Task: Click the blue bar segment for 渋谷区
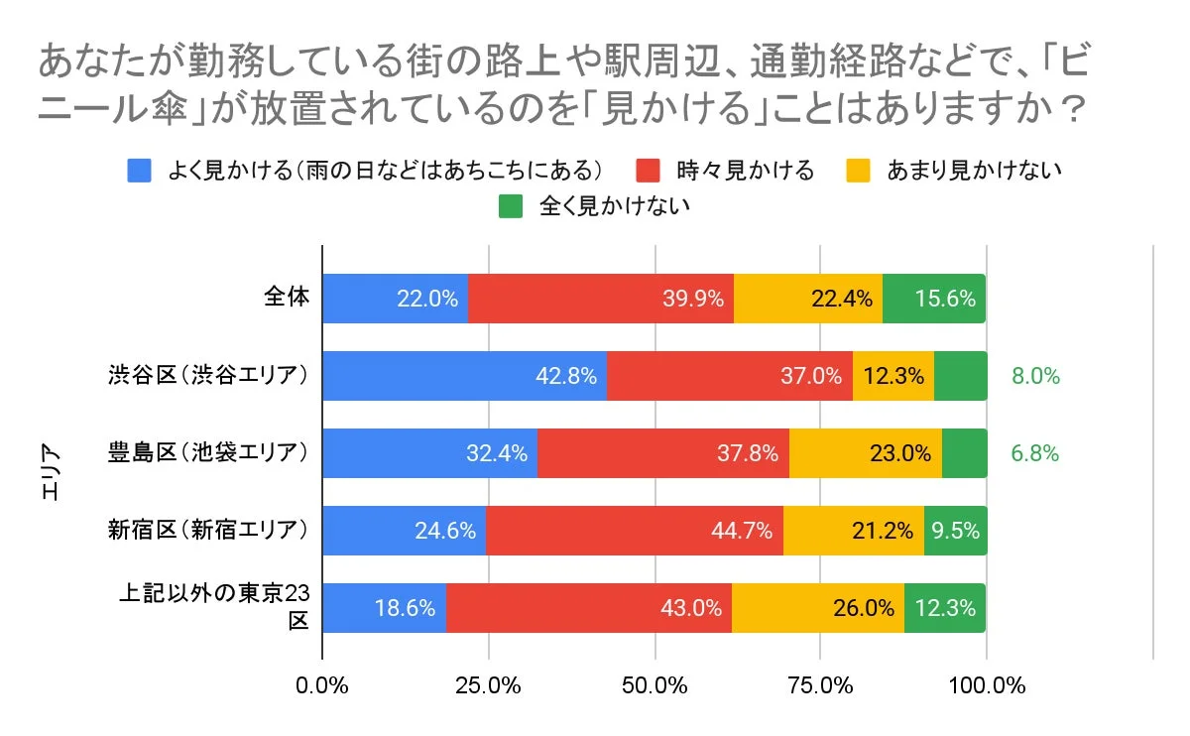464,376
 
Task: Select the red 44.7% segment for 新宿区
635,531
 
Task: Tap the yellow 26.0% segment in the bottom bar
818,608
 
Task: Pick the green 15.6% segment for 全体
934,299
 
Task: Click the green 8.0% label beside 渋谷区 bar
1035,376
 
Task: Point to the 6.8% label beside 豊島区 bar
1035,453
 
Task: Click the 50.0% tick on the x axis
655,685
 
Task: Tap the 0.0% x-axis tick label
323,685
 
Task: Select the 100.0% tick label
987,685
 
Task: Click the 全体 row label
287,297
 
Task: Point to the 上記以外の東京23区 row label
214,607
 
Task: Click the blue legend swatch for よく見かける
140,171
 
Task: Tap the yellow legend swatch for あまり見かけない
859,171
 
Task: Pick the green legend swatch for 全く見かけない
510,206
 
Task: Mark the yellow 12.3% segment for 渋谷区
892,376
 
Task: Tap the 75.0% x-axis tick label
821,685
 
